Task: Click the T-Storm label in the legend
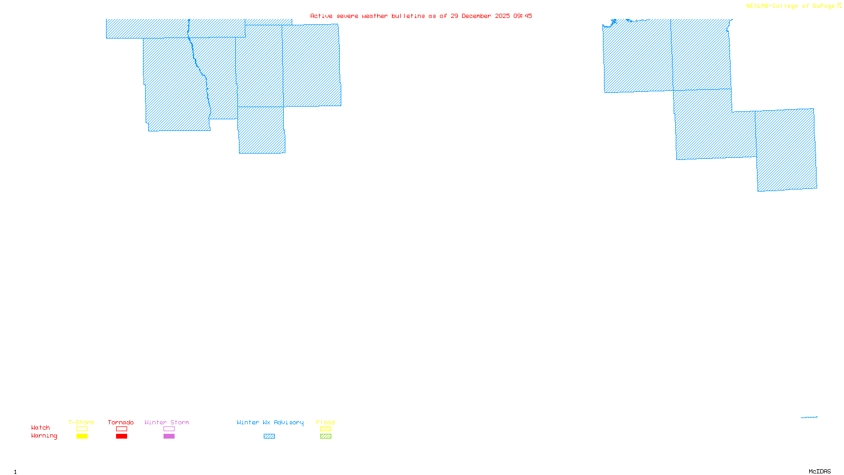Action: [81, 422]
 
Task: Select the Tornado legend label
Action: [121, 422]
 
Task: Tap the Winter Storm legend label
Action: [167, 422]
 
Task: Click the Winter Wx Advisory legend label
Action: [270, 422]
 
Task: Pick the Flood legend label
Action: [325, 422]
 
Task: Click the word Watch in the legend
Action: [41, 427]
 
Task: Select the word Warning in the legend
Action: [44, 436]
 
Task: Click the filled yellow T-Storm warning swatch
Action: [82, 436]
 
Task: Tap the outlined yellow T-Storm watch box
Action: [82, 429]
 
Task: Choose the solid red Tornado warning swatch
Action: [121, 436]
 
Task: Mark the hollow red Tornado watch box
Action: [121, 429]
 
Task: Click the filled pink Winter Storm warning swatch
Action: [169, 436]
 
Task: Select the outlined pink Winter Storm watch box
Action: [169, 429]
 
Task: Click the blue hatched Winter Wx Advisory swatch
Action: [269, 436]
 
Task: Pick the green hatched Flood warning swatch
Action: [325, 436]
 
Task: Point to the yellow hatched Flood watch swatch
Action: [325, 429]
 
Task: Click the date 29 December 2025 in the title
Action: [480, 16]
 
